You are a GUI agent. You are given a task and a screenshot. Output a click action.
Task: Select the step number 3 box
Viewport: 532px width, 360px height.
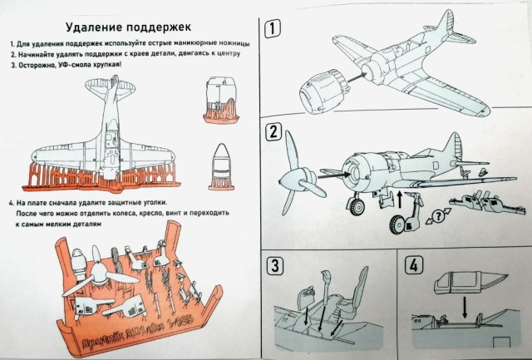point(274,267)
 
